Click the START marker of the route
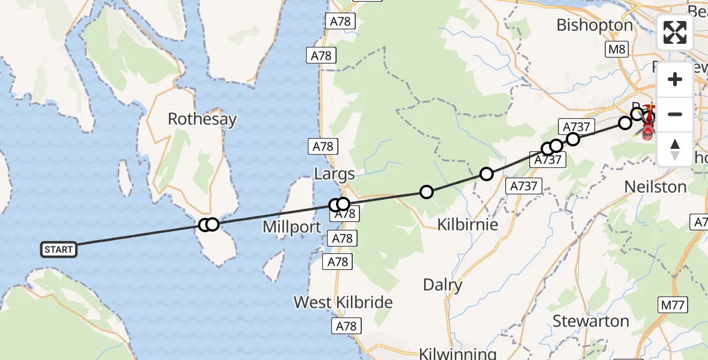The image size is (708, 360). point(59,250)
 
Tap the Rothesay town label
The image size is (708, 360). point(202,119)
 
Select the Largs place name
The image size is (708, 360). point(334,175)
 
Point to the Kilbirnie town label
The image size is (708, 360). point(469,224)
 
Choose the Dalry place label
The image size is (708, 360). point(443,285)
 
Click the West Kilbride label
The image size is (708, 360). point(343,302)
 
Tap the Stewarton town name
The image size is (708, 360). point(591,321)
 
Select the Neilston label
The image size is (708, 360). point(655,187)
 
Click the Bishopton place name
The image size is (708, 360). point(595,25)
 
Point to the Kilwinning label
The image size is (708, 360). point(458,353)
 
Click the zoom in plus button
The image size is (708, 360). point(675,79)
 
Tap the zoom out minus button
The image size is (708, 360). point(675,114)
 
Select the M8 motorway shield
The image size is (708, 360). point(616,49)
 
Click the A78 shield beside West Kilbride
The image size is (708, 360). point(346,326)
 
